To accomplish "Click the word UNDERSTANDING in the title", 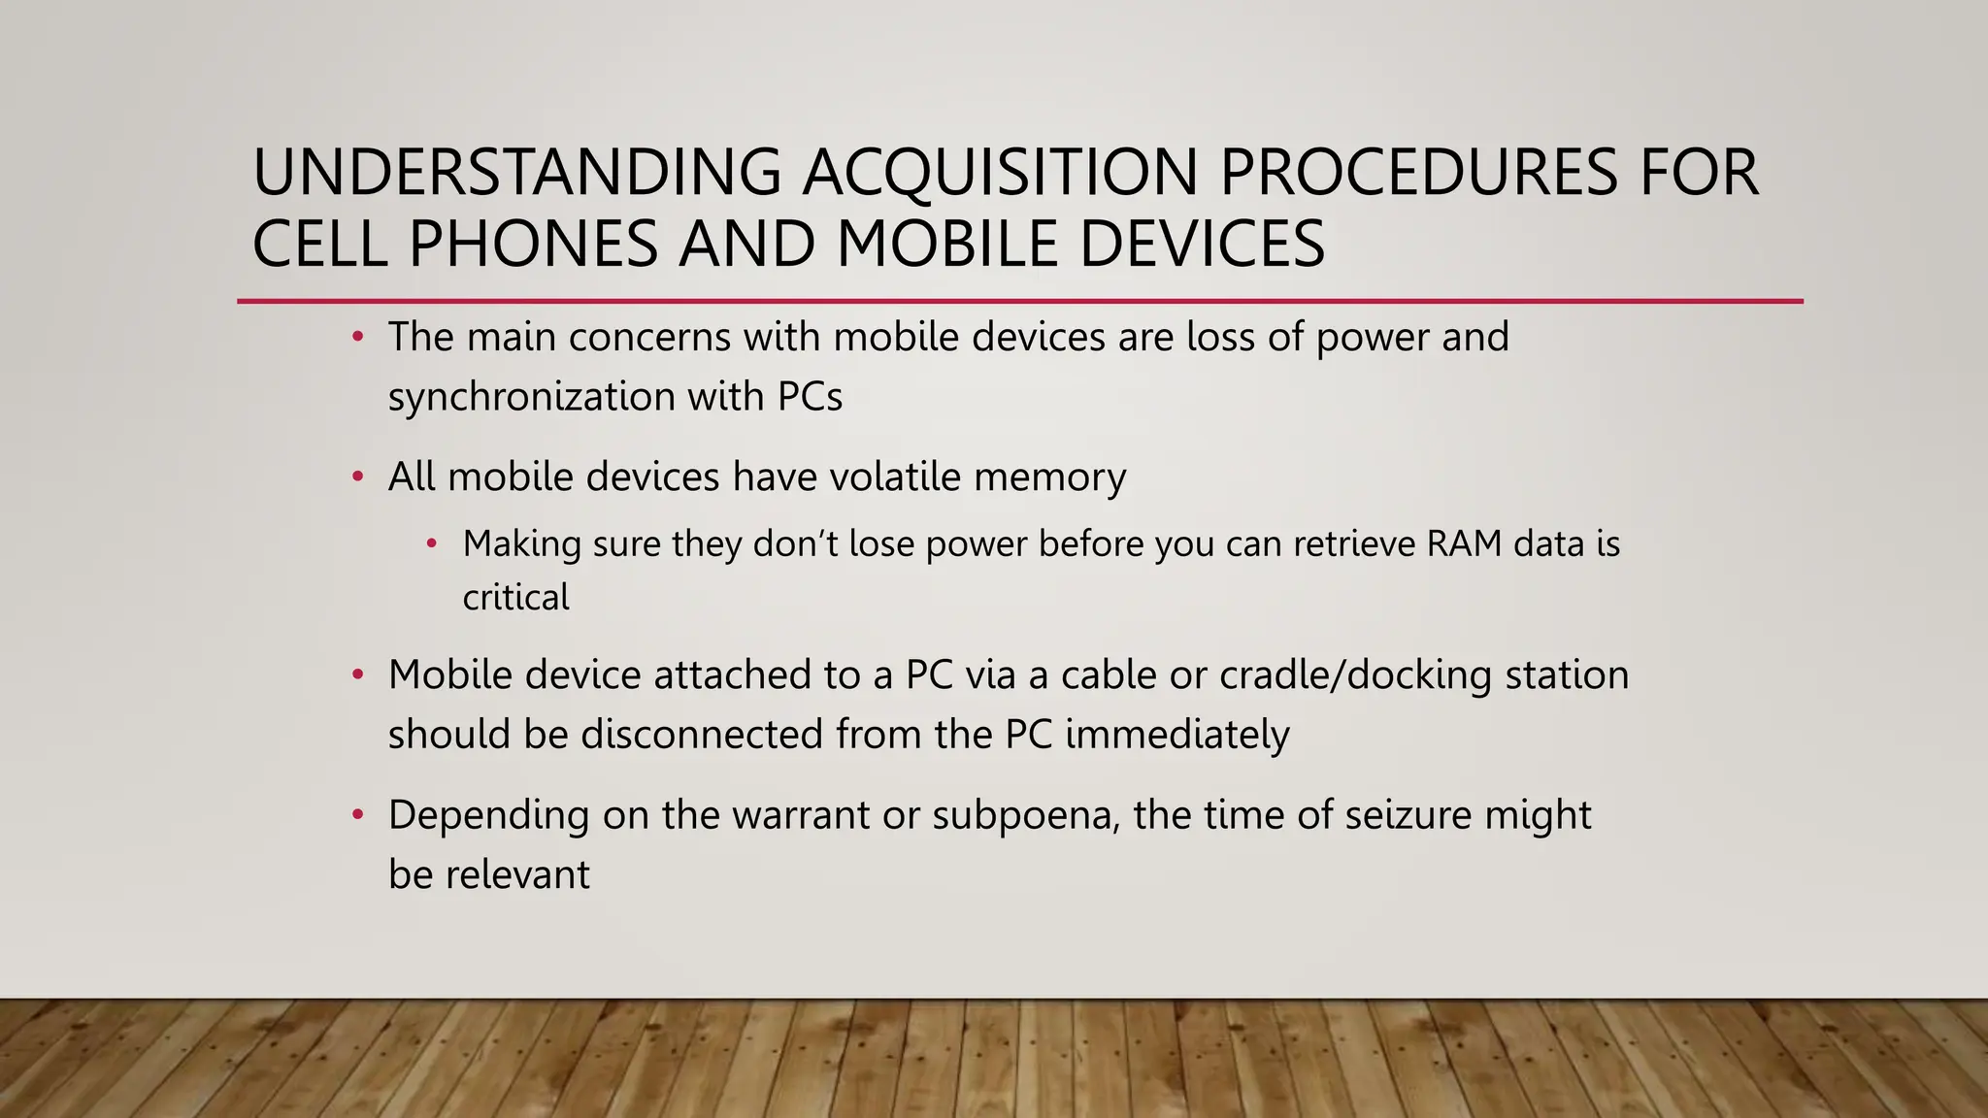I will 516,173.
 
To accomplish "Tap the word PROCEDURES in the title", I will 1418,173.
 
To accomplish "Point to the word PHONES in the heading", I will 533,244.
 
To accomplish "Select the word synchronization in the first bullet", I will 530,397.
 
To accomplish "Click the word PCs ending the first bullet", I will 810,397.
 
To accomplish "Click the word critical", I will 515,597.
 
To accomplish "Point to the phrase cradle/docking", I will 1355,675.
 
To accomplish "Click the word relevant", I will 516,874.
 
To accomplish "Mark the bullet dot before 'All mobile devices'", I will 358,477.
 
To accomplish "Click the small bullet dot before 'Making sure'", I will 432,543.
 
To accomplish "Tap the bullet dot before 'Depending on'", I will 358,814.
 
